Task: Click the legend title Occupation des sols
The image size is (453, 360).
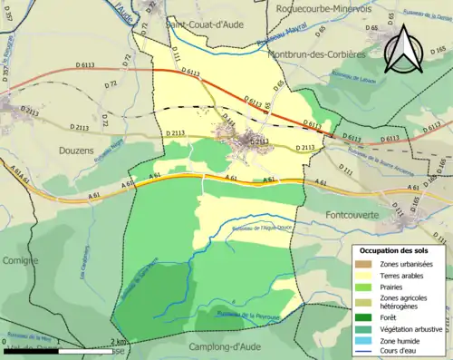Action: point(397,250)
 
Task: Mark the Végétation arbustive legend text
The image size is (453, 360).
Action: point(418,328)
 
